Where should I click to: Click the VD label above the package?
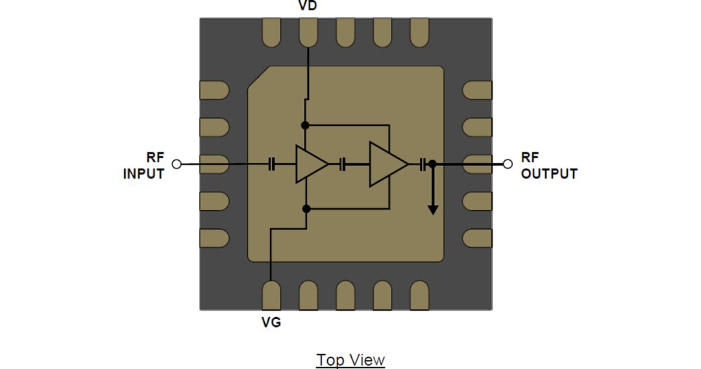(308, 6)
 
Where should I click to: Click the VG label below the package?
(271, 322)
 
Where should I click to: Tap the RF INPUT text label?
(144, 165)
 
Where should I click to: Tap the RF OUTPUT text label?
(548, 165)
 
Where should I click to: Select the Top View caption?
(350, 360)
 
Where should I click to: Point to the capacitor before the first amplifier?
(272, 165)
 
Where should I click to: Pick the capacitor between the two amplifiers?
(344, 165)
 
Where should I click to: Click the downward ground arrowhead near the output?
(432, 209)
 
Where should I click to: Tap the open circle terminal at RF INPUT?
(176, 164)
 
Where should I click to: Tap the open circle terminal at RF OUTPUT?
(508, 164)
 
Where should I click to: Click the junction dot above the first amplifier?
(306, 125)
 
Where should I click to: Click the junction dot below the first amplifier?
(306, 208)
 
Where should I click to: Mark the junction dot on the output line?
(432, 165)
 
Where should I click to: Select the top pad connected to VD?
(308, 32)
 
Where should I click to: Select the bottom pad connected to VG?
(271, 296)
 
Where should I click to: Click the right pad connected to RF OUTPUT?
(477, 164)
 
